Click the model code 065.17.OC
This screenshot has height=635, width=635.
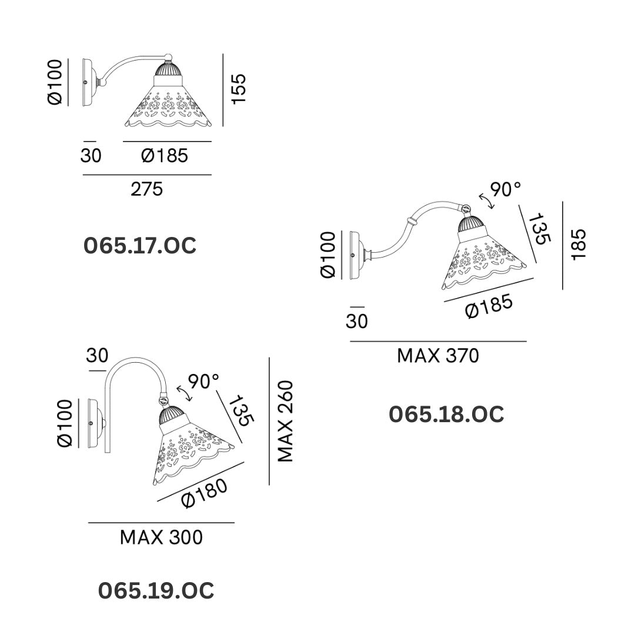[140, 246]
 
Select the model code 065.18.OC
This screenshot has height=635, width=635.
[446, 415]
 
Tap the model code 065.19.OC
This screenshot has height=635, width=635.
[156, 591]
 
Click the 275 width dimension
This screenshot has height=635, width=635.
[146, 189]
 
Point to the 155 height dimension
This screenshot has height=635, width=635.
[239, 89]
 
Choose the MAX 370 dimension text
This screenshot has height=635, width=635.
[438, 356]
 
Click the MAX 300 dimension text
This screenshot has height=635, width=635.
[161, 537]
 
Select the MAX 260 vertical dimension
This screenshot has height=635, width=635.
[285, 421]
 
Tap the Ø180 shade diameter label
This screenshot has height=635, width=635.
[205, 494]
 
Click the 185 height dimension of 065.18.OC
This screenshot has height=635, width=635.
[579, 245]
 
